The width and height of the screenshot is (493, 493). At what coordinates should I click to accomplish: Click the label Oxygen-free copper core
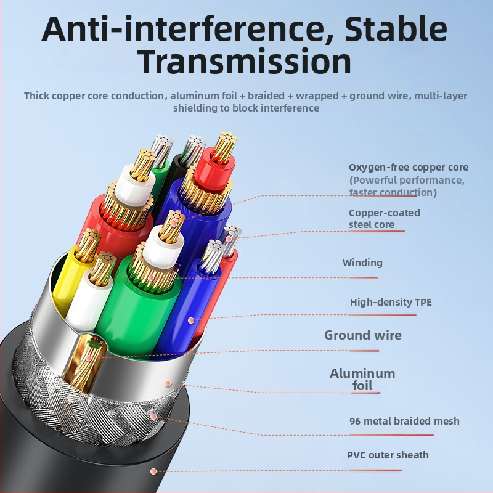pos(409,167)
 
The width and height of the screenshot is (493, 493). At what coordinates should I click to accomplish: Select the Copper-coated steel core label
pos(384,219)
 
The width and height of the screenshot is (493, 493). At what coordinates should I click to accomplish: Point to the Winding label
pos(362,263)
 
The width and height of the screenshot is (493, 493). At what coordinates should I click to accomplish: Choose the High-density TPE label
pos(391,302)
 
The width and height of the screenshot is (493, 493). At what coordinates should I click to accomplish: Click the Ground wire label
pos(363,335)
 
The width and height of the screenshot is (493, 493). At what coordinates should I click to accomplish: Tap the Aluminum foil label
pos(362,379)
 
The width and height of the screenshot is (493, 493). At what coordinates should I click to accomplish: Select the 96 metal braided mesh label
pos(404,421)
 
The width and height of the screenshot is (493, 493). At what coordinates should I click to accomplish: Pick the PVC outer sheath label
pos(388,455)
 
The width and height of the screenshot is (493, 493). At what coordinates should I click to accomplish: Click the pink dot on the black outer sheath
pos(153,471)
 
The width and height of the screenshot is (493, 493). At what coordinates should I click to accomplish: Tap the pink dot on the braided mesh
pos(153,417)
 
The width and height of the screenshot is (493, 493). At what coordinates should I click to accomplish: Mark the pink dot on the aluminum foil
pos(168,383)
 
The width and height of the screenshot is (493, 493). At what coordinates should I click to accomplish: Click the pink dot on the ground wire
pos(89,358)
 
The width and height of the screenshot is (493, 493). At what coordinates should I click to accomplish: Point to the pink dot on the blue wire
pos(191,320)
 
